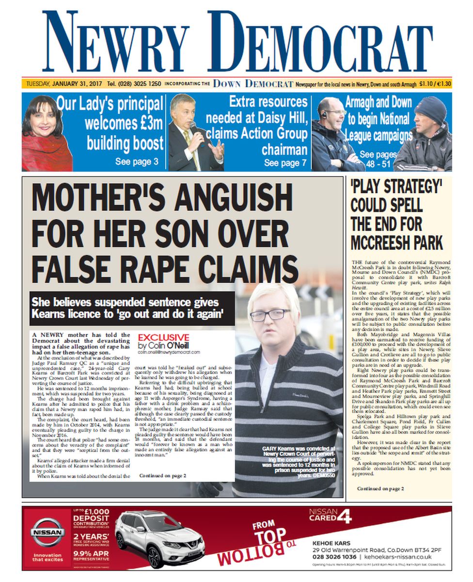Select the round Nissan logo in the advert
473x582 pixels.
[47, 532]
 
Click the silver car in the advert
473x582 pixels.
[160, 538]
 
